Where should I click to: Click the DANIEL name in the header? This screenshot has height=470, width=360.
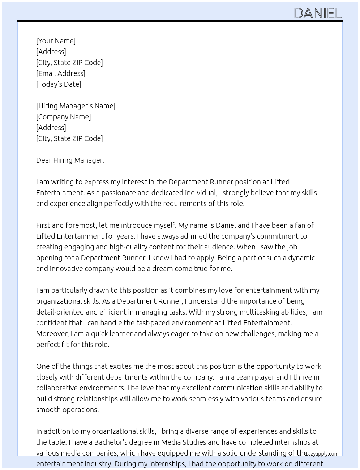[x=318, y=13]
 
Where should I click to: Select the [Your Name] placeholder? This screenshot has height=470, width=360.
[x=56, y=41]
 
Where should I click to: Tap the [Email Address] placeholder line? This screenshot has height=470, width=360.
[x=61, y=73]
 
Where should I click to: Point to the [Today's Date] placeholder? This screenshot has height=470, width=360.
[x=59, y=84]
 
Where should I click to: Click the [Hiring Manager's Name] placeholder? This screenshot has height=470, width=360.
[x=76, y=106]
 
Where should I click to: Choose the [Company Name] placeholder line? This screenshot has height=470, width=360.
[x=63, y=117]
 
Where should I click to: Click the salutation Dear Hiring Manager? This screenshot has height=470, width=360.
[x=70, y=160]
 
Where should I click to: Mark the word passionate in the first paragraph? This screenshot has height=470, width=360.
[x=116, y=193]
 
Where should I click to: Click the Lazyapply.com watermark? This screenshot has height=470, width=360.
[x=322, y=454]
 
